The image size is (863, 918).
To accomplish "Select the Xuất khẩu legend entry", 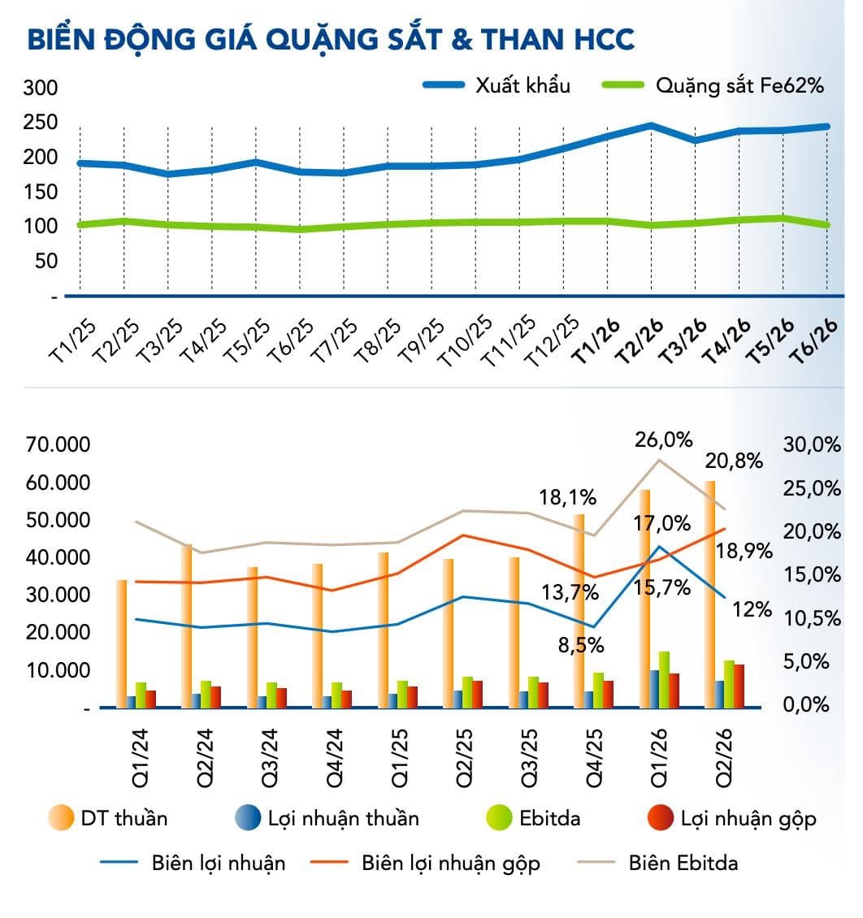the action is tap(497, 85).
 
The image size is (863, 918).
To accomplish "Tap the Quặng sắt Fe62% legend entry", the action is tap(713, 85).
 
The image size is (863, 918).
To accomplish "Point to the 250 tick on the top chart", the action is tap(41, 123).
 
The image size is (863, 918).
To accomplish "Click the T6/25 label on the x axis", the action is tap(291, 341).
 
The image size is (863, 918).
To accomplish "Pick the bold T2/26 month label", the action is tap(640, 341).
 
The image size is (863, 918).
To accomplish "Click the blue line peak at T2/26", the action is tap(650, 125).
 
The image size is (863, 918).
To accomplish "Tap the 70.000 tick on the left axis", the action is tap(58, 444).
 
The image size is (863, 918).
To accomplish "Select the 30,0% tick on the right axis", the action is tap(812, 444).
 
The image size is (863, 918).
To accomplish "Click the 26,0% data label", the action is tap(663, 440).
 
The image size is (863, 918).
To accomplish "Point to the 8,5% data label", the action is tap(581, 645).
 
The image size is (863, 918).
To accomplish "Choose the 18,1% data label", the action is tap(567, 498).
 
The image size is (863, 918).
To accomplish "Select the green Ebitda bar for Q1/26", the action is tap(664, 680).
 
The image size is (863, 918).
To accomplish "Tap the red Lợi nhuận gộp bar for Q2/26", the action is tap(739, 686).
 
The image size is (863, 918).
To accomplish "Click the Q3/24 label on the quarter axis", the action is tap(269, 758).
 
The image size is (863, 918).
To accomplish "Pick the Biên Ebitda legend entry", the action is tap(657, 863).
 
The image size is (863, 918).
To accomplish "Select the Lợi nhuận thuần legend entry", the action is tap(327, 818).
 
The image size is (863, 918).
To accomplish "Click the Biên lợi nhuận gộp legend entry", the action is tap(425, 864).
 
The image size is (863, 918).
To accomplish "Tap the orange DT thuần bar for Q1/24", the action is tap(121, 644).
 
